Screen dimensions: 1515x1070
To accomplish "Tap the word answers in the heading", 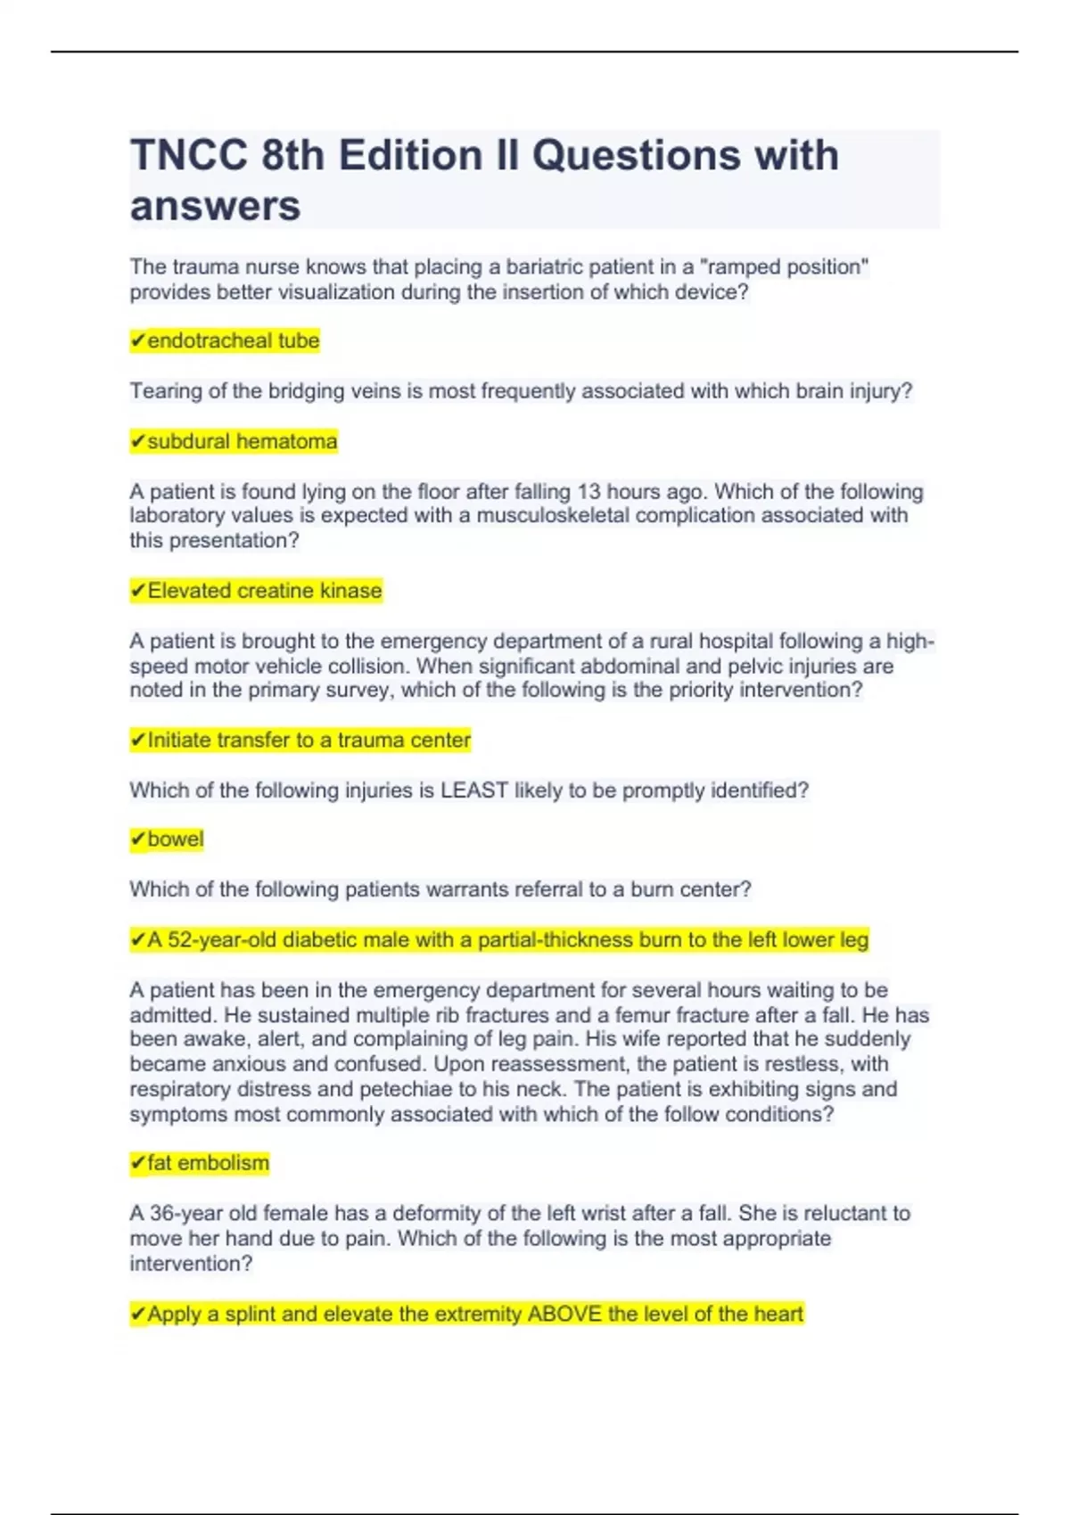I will coord(215,207).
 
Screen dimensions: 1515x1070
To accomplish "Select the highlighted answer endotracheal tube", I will coord(233,340).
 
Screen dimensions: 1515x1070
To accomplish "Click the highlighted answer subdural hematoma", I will coord(242,441).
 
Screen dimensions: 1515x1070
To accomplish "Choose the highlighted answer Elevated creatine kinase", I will coord(264,591).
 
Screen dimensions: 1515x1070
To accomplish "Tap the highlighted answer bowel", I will coord(175,839).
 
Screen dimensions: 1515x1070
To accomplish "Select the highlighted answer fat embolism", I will coord(207,1163).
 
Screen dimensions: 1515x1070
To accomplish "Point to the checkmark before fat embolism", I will coord(137,1163).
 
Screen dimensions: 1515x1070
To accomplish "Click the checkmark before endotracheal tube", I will coord(137,340).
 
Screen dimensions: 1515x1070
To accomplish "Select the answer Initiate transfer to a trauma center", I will coord(309,741).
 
